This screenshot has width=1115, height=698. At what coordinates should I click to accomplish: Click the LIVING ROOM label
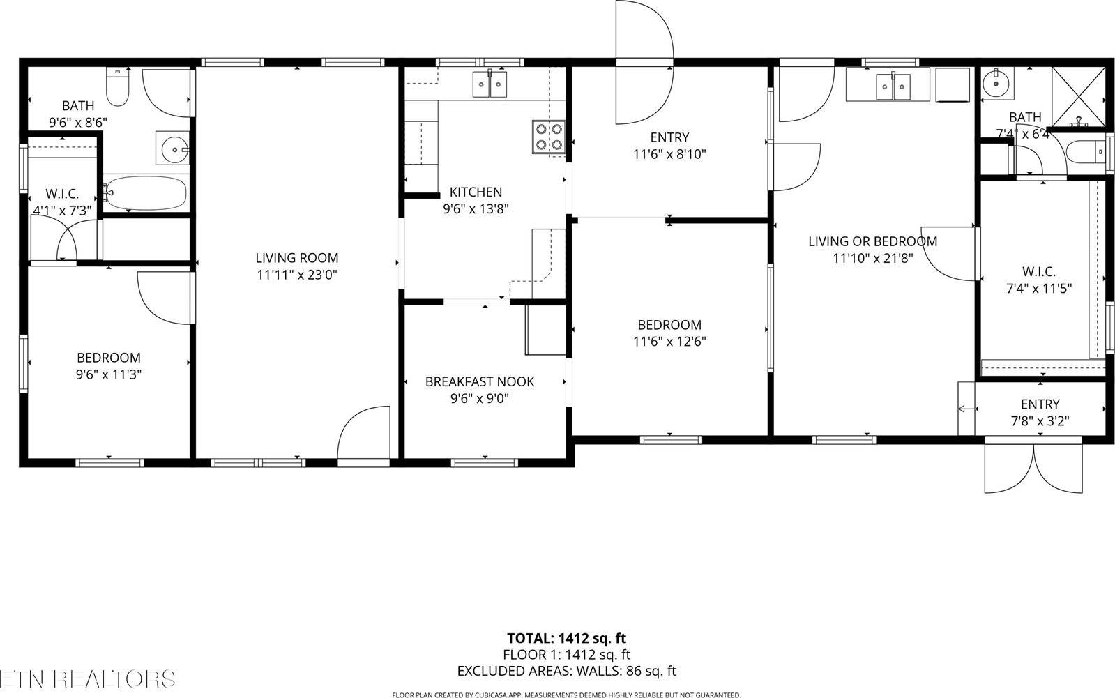pyautogui.click(x=296, y=258)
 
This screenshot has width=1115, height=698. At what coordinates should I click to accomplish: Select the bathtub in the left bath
pyautogui.click(x=146, y=192)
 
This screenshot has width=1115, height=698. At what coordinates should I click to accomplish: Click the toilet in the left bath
pyautogui.click(x=116, y=89)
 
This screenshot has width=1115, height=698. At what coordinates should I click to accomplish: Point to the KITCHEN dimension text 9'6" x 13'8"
pyautogui.click(x=476, y=208)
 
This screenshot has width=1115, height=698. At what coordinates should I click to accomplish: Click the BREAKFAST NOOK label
pyautogui.click(x=480, y=381)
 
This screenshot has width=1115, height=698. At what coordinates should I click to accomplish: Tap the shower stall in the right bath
pyautogui.click(x=1077, y=97)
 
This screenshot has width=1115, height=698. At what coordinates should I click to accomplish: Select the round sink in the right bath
pyautogui.click(x=996, y=84)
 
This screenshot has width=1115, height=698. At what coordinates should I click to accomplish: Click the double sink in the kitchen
pyautogui.click(x=491, y=84)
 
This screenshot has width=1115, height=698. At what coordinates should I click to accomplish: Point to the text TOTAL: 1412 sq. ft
pyautogui.click(x=566, y=637)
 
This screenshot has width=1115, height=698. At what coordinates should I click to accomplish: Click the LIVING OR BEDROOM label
pyautogui.click(x=872, y=241)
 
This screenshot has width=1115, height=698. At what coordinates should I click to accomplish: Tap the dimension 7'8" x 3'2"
pyautogui.click(x=1040, y=421)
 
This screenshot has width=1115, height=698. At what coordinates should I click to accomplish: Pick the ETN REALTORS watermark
pyautogui.click(x=87, y=678)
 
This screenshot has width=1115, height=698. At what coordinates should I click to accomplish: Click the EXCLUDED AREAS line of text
pyautogui.click(x=566, y=671)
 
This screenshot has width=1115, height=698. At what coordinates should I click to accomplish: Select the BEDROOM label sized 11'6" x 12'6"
pyautogui.click(x=669, y=325)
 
